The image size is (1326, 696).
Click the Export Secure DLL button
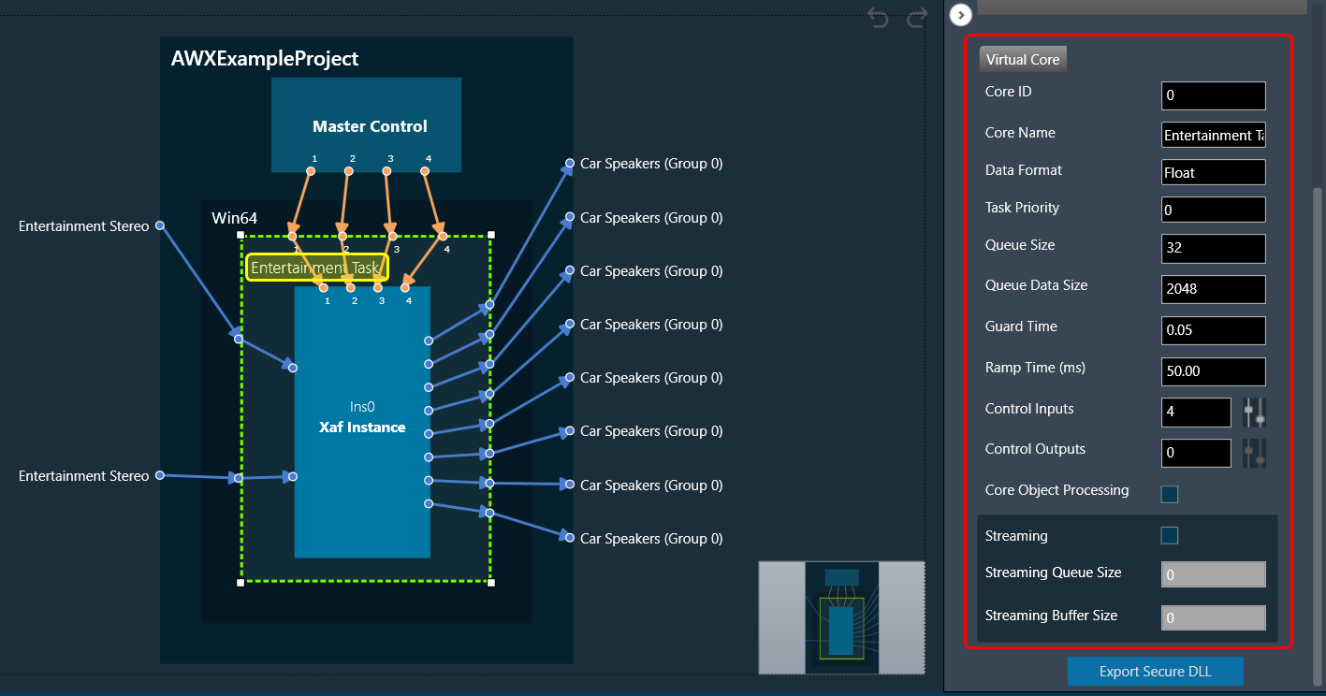tap(1155, 671)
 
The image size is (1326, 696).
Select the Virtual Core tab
tap(1023, 59)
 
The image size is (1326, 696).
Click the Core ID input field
tap(1214, 95)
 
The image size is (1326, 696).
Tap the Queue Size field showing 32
tap(1214, 248)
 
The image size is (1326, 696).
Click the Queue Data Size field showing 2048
tap(1214, 289)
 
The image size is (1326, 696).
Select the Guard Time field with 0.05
tap(1214, 330)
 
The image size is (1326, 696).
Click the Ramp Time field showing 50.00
tap(1214, 371)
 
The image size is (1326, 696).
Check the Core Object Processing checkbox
tap(1170, 494)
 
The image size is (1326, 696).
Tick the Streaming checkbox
tap(1170, 536)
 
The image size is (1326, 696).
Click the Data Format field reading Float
tap(1214, 172)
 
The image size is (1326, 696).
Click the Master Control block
tap(367, 124)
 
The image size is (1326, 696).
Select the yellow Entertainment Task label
tap(317, 268)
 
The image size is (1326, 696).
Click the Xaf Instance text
tap(362, 428)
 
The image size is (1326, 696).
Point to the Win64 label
tap(235, 218)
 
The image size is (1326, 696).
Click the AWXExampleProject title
tap(265, 59)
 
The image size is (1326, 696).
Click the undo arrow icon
tap(878, 18)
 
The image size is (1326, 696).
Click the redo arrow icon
tap(917, 18)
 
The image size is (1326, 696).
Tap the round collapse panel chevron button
tap(961, 15)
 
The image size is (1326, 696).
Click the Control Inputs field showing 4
tap(1196, 412)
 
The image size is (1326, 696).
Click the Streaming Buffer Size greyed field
tap(1214, 617)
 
